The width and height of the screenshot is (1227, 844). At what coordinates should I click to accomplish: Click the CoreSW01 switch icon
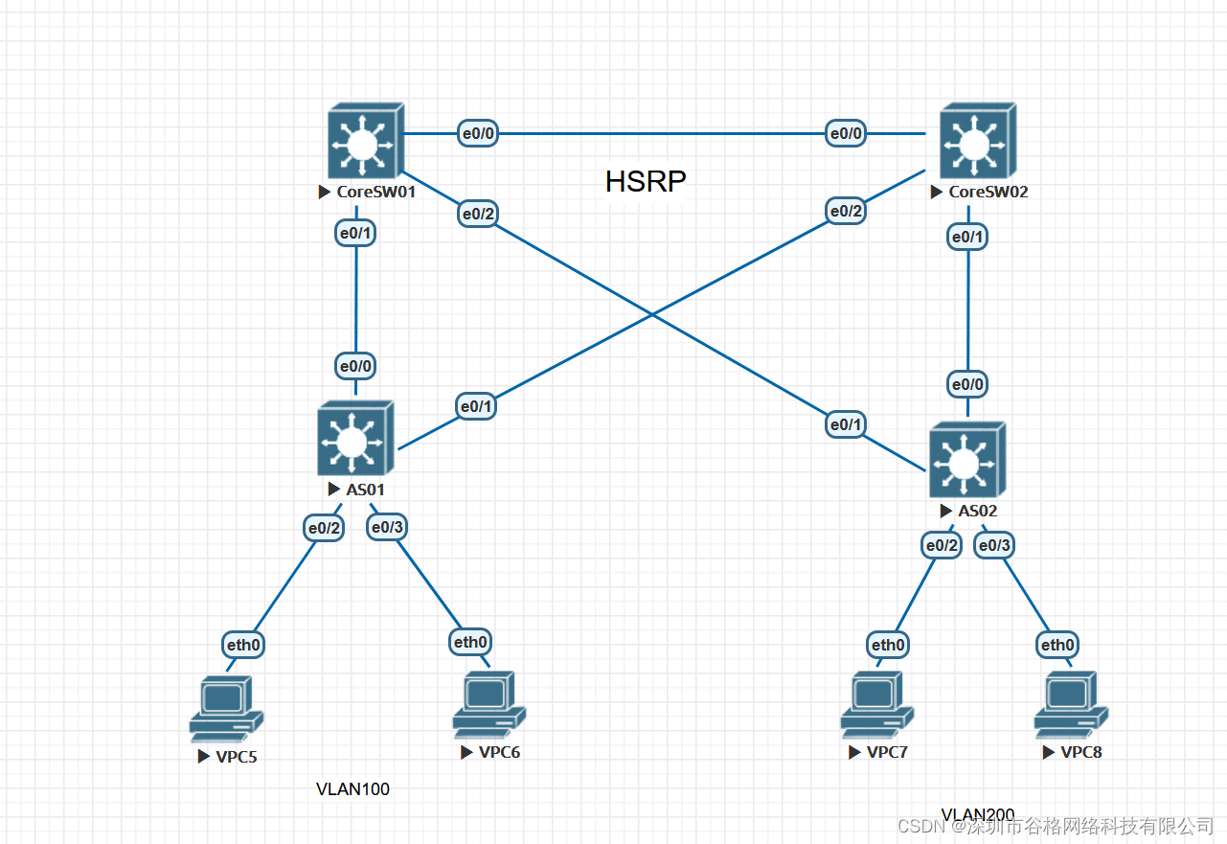tap(361, 144)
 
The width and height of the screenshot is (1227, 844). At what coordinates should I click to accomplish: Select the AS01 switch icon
tap(354, 440)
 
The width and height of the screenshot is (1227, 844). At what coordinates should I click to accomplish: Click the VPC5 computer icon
tap(226, 708)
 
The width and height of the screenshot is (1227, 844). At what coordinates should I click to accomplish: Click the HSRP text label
tap(646, 182)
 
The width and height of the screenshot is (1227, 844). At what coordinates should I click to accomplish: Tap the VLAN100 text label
tap(352, 789)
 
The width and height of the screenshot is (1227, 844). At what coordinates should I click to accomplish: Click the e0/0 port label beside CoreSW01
tap(478, 134)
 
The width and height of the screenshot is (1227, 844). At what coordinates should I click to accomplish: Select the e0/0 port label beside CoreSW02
tap(846, 134)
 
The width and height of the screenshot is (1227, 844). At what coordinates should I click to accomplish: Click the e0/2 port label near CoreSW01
tap(478, 214)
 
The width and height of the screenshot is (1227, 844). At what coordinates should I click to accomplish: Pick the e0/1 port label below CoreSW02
tap(968, 236)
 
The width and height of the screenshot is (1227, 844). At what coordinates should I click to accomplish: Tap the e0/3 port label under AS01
tap(387, 527)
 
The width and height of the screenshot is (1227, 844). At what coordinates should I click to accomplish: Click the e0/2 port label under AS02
tap(941, 545)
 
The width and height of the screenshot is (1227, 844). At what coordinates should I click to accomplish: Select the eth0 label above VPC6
tap(470, 642)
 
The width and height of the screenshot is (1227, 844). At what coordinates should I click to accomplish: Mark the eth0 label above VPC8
tap(1057, 645)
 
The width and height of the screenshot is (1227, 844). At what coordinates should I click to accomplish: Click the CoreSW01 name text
tap(375, 192)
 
